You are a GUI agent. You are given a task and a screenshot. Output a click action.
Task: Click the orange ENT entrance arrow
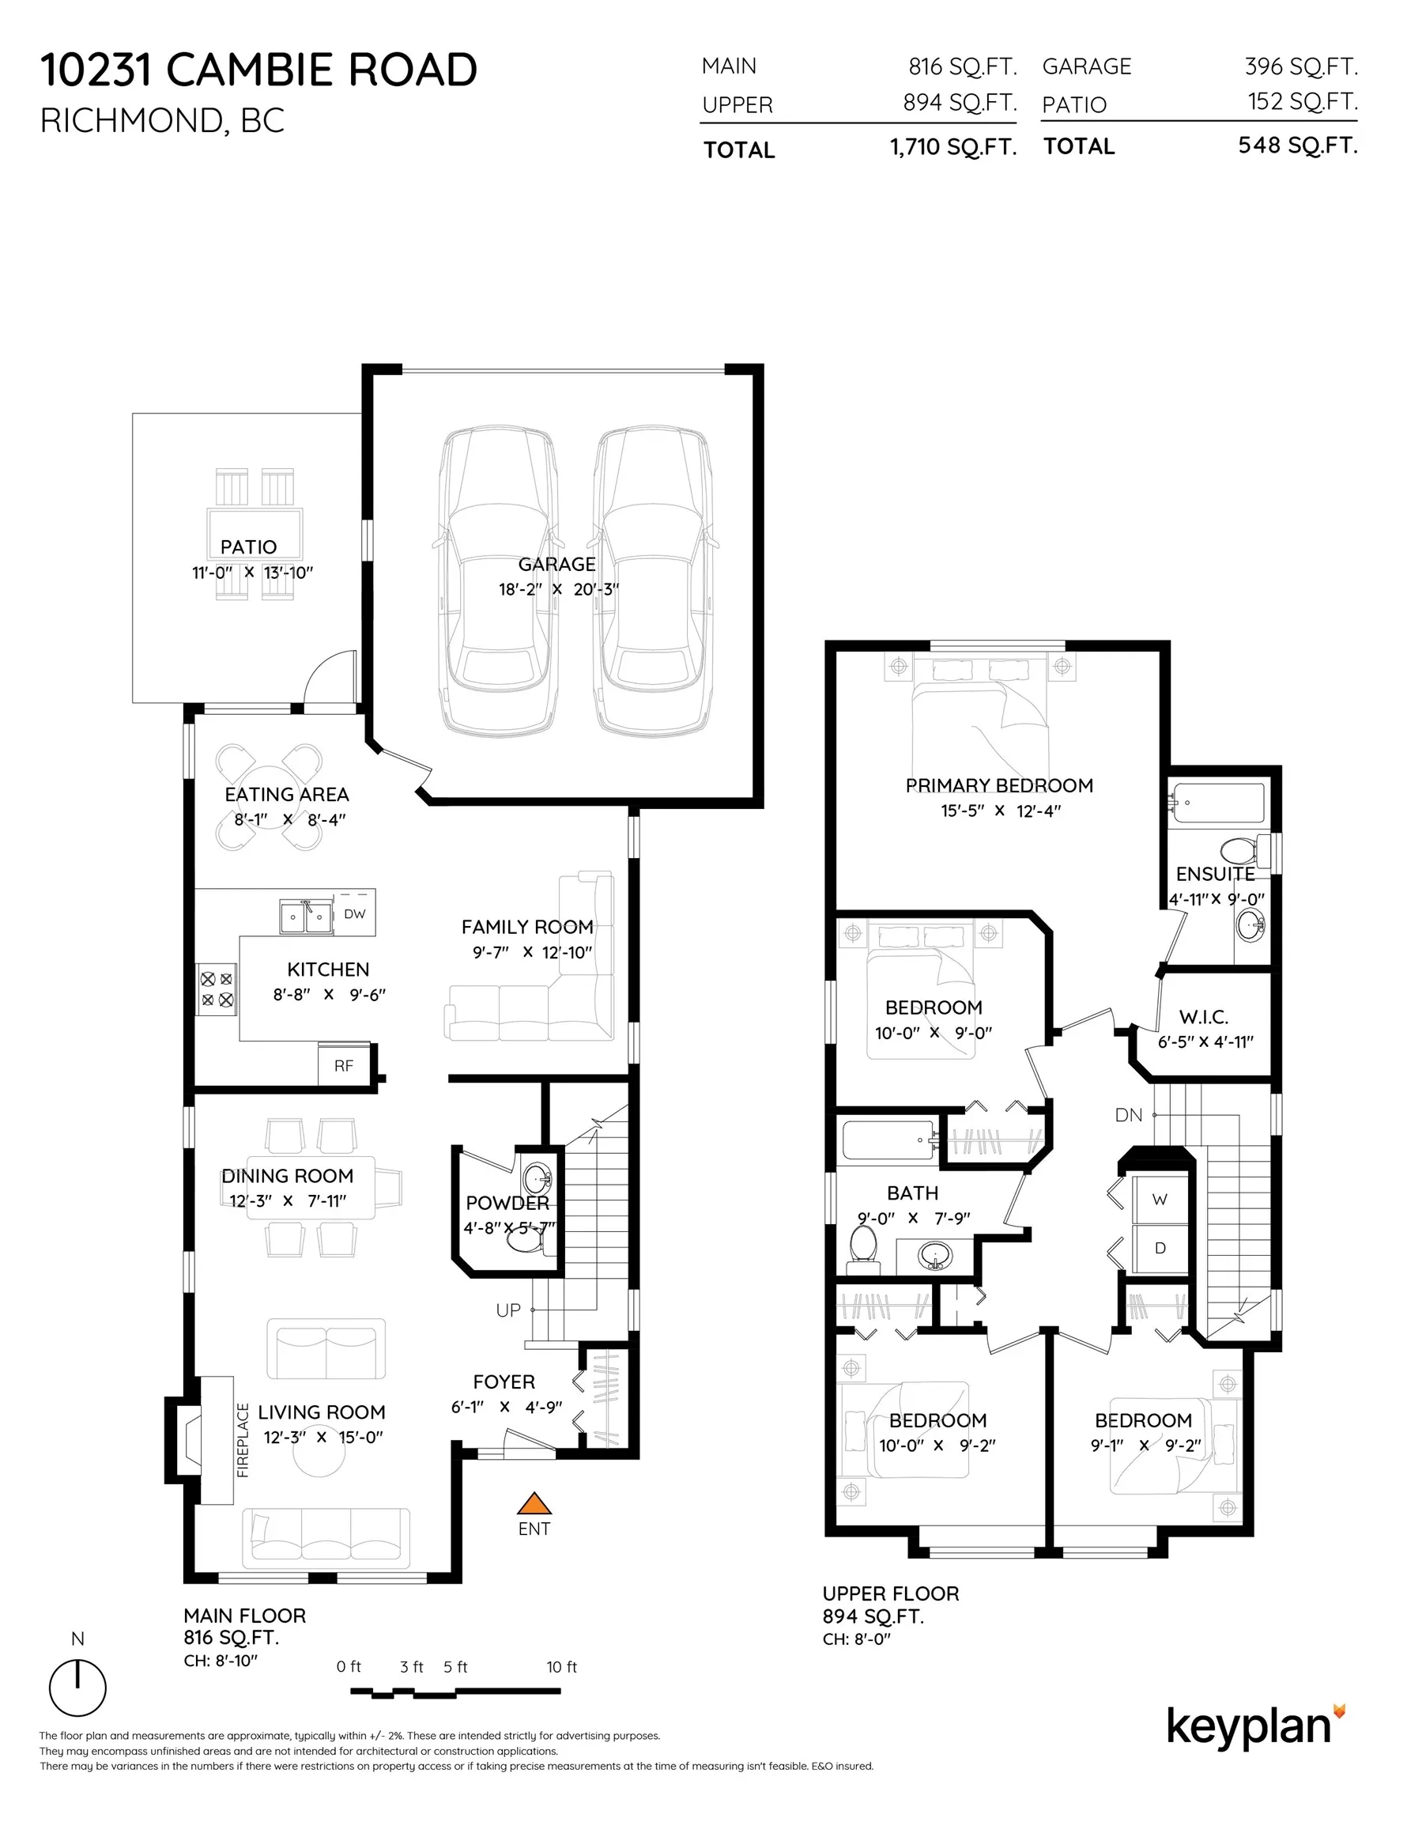(x=534, y=1503)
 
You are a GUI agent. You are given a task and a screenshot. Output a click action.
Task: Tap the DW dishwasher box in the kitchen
(x=354, y=913)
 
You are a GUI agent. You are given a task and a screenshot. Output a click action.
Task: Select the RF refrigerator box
(x=344, y=1066)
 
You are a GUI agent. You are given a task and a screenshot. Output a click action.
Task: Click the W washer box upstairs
(x=1160, y=1200)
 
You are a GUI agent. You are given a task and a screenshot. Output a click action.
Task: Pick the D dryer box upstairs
(x=1160, y=1248)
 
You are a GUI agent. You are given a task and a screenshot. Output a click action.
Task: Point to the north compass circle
(x=77, y=1688)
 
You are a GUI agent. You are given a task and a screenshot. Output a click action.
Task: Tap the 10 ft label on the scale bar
(x=561, y=1667)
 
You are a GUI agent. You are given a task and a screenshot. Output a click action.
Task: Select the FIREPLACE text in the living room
(x=243, y=1440)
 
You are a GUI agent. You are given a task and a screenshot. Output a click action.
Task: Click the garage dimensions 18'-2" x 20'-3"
(x=558, y=590)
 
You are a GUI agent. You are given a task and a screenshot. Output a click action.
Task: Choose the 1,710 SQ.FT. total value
(x=952, y=148)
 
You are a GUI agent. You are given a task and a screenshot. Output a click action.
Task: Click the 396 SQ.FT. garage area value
(x=1300, y=66)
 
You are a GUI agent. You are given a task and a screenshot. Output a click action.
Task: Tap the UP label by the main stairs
(x=508, y=1310)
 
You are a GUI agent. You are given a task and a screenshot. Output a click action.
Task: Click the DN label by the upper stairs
(x=1128, y=1115)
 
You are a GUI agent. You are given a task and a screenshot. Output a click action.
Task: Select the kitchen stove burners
(x=216, y=988)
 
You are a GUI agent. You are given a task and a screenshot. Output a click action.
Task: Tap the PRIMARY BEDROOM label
(x=998, y=786)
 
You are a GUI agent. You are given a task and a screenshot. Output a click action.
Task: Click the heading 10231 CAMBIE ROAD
(x=258, y=70)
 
